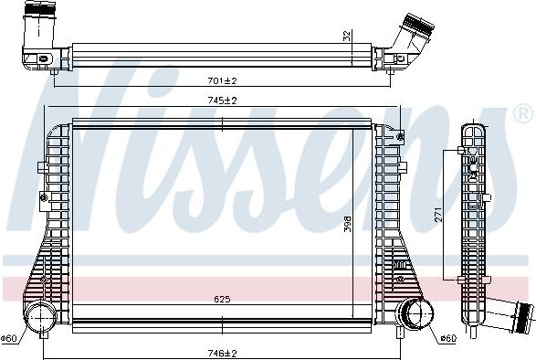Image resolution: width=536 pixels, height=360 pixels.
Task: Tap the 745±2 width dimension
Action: (x=223, y=101)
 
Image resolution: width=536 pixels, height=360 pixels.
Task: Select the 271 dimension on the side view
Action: (x=438, y=215)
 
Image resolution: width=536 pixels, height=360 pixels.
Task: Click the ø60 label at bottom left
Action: (x=10, y=338)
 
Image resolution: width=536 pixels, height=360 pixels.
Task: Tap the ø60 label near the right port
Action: (x=447, y=338)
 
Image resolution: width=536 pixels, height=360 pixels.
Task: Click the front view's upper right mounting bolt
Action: (x=401, y=136)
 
